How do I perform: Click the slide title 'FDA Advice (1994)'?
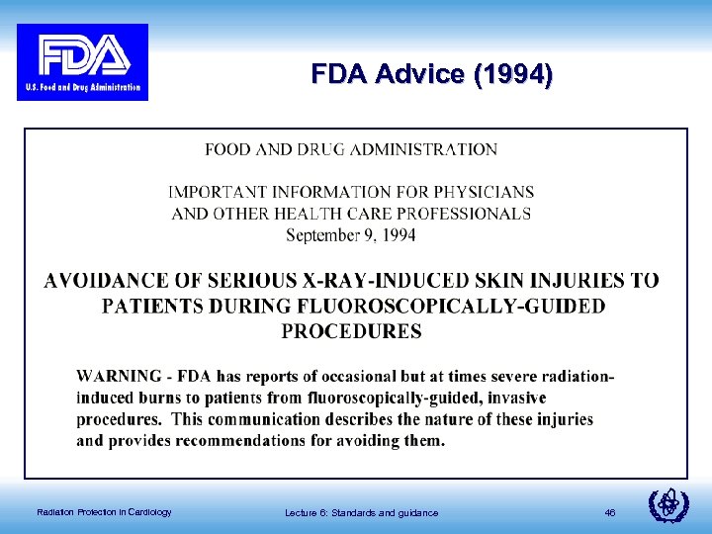[431, 75]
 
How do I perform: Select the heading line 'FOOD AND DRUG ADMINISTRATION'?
[351, 150]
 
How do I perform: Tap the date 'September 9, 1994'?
[351, 235]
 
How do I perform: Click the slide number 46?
[609, 512]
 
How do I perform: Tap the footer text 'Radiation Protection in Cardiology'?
[104, 512]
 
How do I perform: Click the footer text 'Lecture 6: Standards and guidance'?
[361, 512]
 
